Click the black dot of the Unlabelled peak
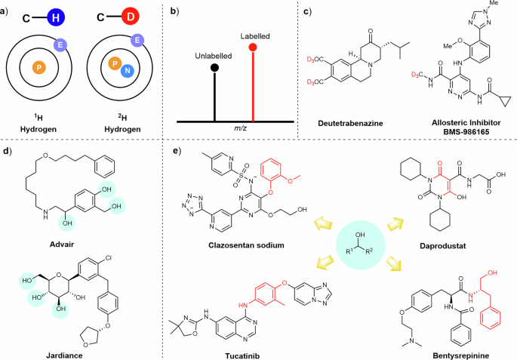coord(215,68)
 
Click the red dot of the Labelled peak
coord(253,48)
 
